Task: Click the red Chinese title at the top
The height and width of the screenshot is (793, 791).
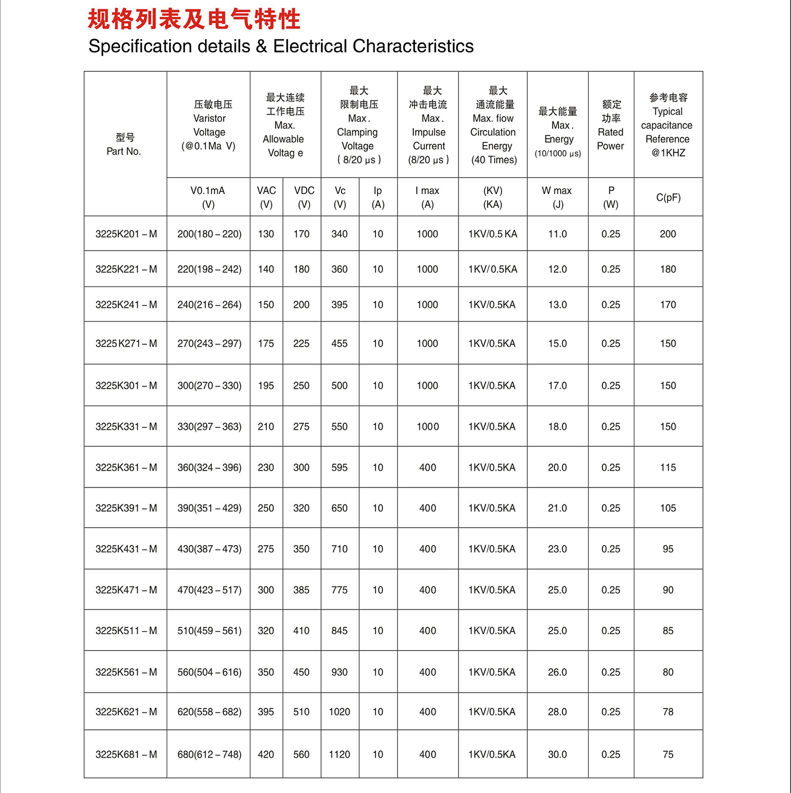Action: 194,20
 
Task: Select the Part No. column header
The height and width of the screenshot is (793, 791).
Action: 124,144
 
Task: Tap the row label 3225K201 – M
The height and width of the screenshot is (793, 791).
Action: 126,234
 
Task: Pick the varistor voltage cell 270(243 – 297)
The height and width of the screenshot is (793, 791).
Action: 209,343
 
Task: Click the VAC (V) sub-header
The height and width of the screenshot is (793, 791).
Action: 266,197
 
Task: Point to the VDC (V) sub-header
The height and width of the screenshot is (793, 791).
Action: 304,197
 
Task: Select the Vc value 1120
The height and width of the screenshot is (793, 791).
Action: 339,754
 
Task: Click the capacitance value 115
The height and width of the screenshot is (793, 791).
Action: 668,467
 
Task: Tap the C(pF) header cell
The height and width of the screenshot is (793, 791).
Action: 668,198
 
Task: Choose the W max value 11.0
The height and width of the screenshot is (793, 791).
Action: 557,234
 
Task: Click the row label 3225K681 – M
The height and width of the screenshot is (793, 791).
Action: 126,754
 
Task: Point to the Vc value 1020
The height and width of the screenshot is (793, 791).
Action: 339,712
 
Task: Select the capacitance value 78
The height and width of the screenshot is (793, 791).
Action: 668,712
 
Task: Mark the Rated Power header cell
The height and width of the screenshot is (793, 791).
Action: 611,125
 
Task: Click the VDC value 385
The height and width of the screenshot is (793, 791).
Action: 301,590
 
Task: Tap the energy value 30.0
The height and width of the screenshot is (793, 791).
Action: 557,754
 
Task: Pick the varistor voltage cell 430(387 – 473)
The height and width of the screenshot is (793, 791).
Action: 209,549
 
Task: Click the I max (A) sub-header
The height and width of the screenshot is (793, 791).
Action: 427,197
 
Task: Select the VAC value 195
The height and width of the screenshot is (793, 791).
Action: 266,386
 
